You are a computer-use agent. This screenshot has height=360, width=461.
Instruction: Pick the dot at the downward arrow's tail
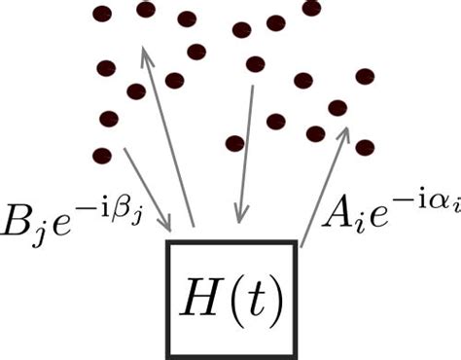tap(256, 64)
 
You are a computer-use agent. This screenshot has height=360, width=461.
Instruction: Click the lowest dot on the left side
tap(101, 155)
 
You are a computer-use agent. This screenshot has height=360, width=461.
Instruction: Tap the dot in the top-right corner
tap(311, 9)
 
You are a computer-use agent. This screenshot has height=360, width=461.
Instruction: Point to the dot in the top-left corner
tap(101, 14)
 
